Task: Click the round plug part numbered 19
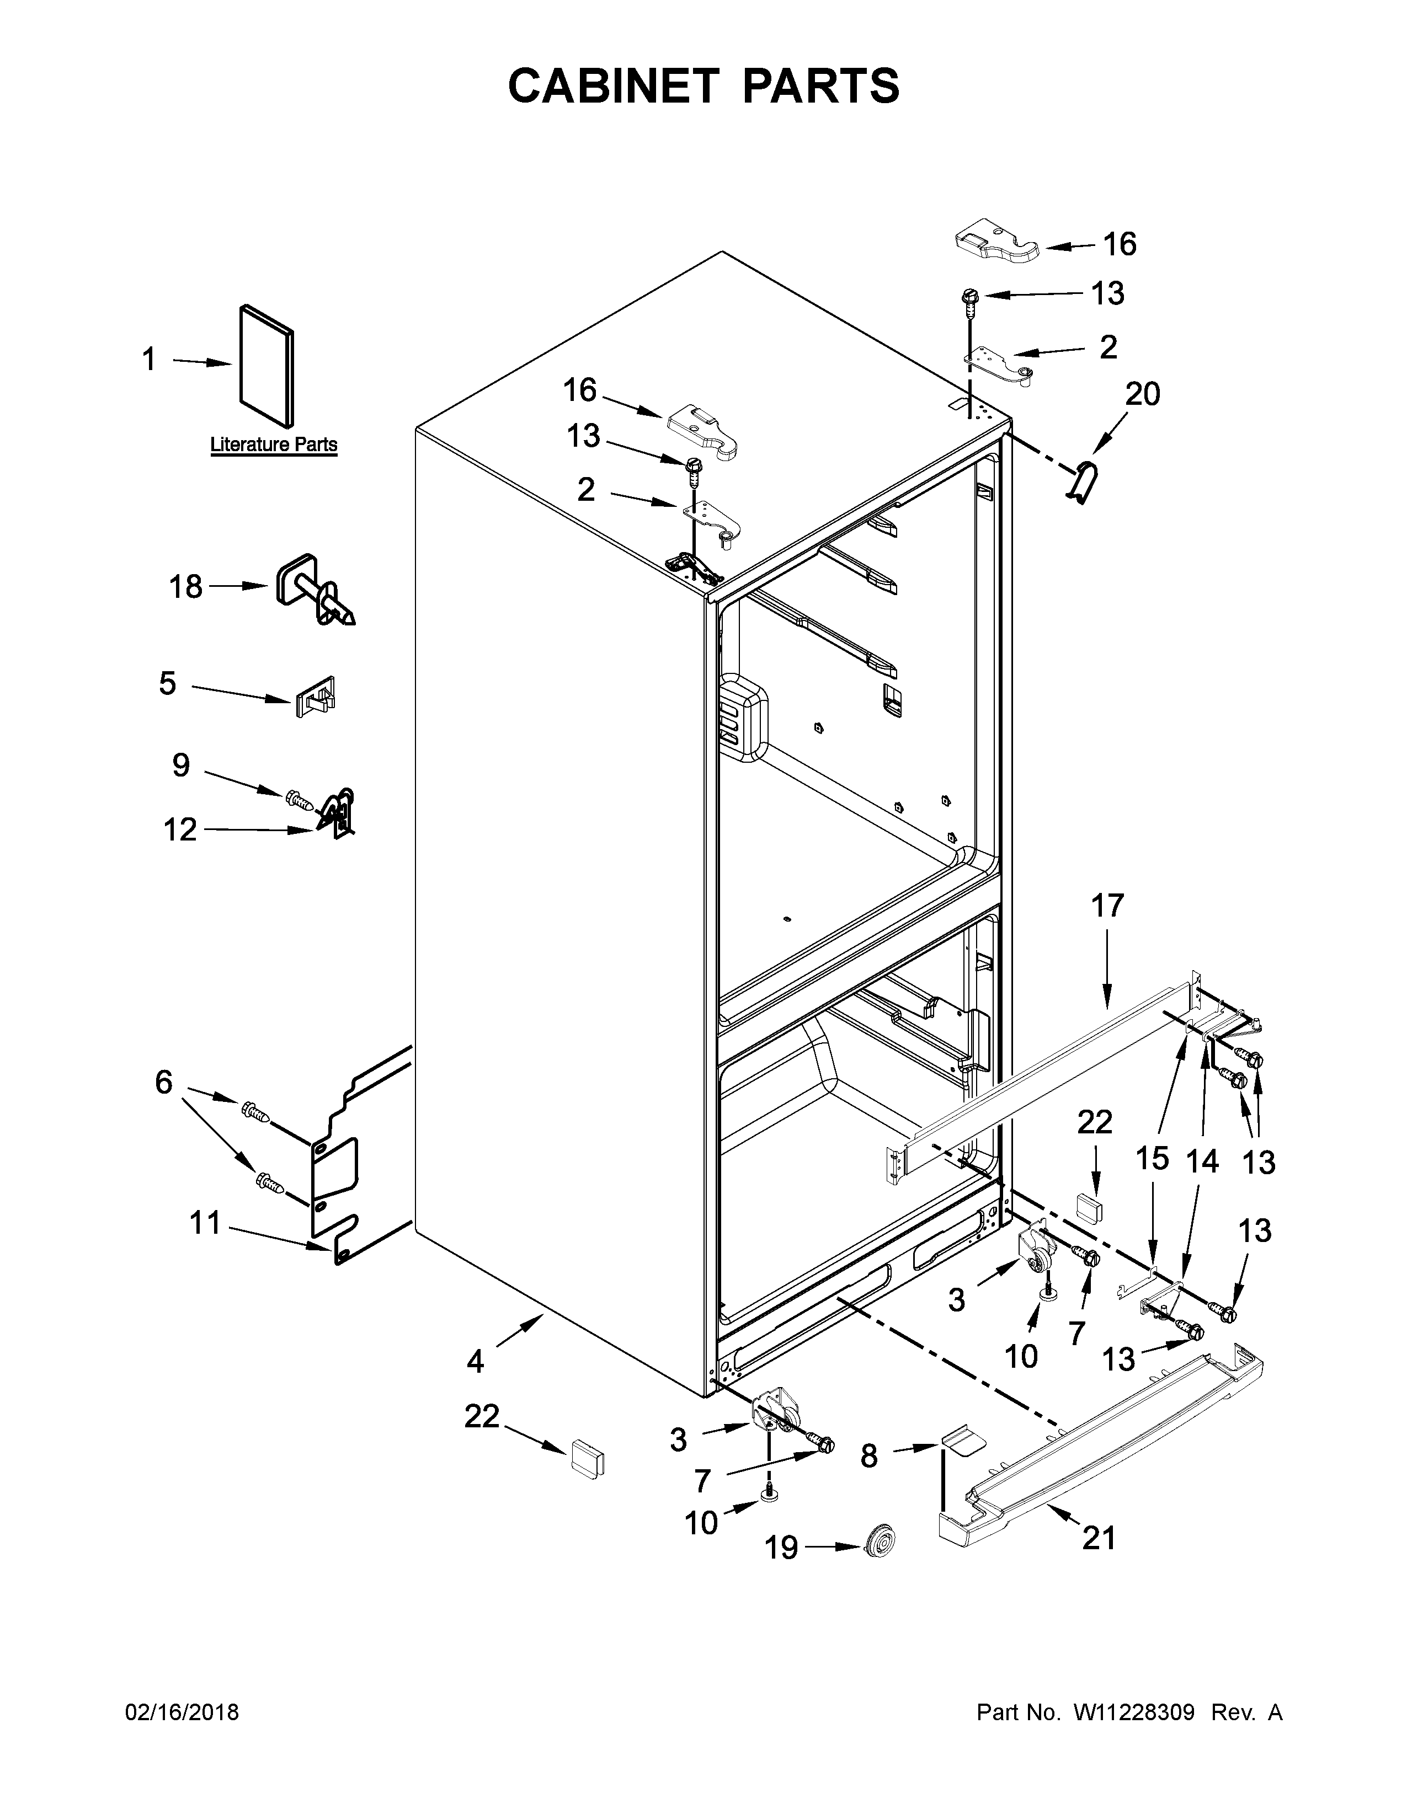(x=878, y=1548)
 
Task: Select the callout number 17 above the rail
(x=1108, y=905)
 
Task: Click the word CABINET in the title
(x=612, y=86)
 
